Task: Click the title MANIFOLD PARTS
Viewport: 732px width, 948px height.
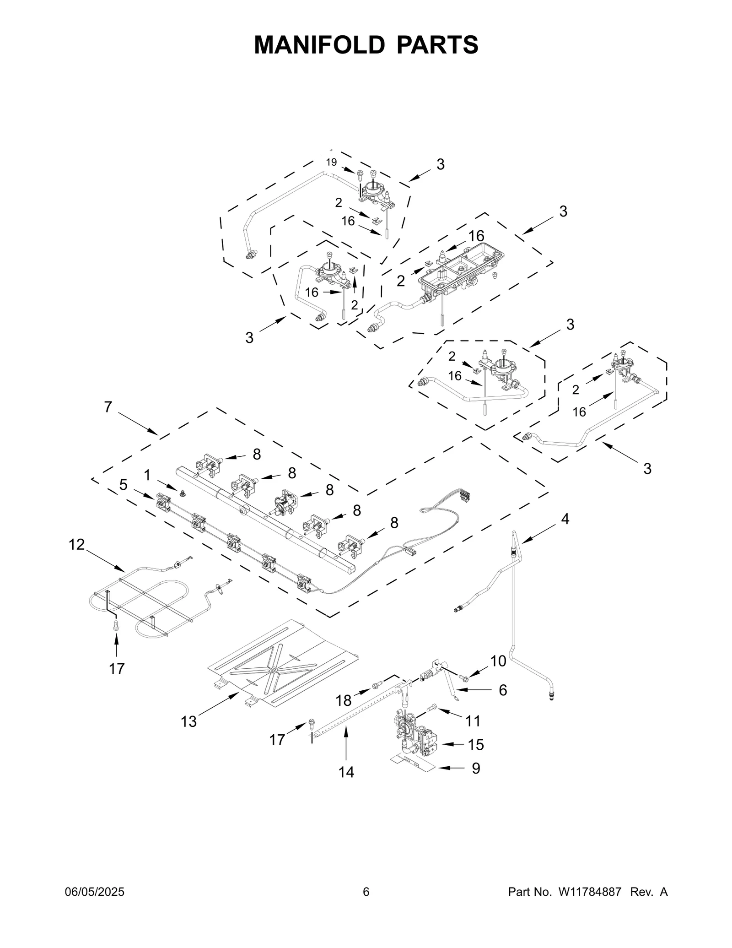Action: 366,45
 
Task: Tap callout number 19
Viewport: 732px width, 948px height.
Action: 331,162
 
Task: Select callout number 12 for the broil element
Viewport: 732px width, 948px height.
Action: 77,545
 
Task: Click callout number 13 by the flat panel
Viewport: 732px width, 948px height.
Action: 188,721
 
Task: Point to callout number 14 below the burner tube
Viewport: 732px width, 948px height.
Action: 346,772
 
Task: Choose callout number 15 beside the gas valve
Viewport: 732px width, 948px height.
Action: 476,745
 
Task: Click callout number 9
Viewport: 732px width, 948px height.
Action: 476,768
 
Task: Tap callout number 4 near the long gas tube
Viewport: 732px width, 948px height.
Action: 565,519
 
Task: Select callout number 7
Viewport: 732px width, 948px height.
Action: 108,407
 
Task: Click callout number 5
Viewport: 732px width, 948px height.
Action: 124,485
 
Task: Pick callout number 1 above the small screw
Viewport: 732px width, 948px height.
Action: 147,475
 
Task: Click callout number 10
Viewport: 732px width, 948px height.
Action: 498,661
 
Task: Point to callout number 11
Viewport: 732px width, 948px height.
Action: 473,721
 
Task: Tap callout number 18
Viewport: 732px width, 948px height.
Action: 344,700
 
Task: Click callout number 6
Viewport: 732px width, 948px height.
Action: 503,690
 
